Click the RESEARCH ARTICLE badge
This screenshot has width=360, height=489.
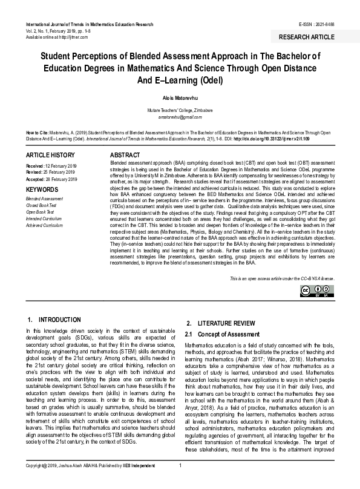coord(306,37)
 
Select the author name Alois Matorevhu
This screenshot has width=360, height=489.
coord(180,97)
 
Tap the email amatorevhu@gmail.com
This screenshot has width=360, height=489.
coord(180,117)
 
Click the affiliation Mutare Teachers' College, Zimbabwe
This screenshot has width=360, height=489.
coord(180,111)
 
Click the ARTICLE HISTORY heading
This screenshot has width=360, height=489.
coord(50,156)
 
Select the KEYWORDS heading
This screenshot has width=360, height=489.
coord(42,189)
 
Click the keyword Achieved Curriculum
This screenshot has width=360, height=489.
coord(44,225)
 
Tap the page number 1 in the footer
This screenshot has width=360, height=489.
coord(180,482)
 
